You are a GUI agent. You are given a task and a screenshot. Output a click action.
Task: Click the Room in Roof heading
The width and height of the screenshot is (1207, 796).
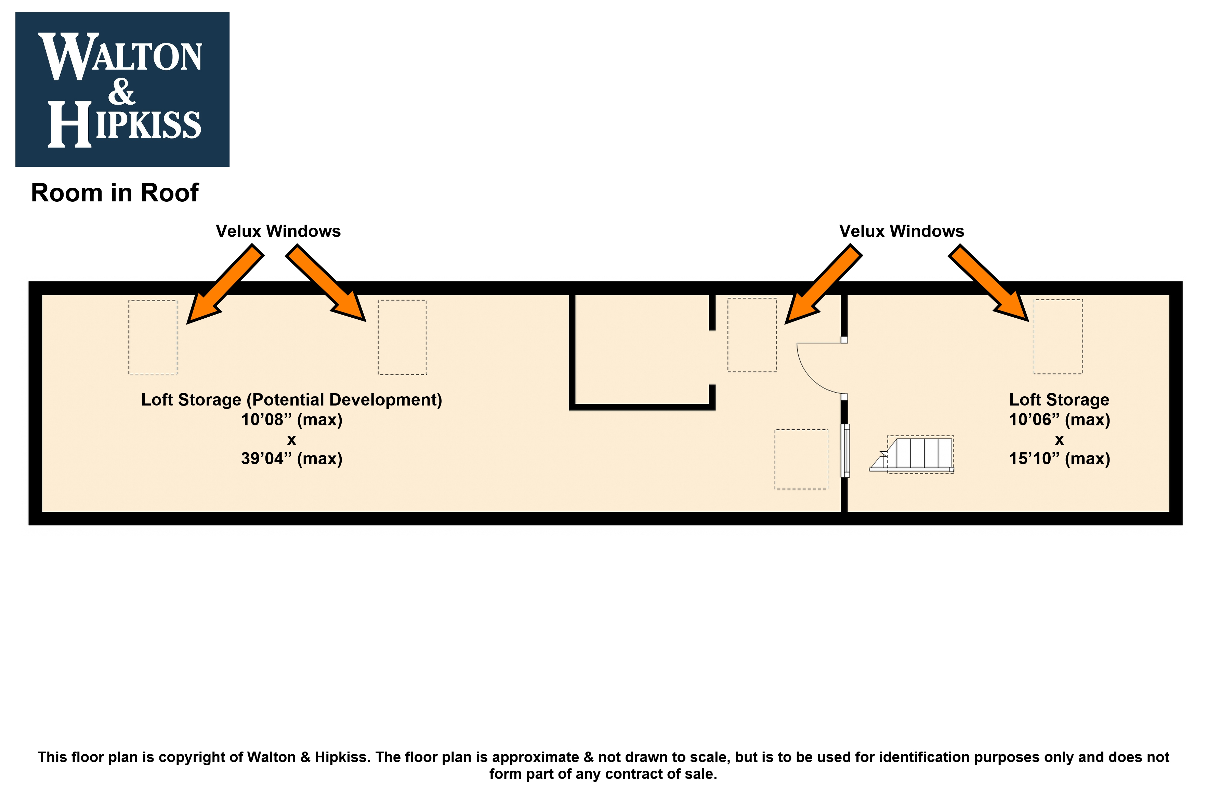click(115, 193)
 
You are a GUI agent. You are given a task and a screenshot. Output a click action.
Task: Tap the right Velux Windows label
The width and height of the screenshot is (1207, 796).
click(901, 231)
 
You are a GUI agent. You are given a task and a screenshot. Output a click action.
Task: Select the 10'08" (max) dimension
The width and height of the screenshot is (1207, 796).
click(291, 420)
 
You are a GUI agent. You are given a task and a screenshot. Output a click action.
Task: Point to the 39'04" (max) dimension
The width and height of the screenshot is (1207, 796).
click(291, 459)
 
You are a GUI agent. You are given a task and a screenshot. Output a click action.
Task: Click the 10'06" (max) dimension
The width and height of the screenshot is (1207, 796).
click(1059, 420)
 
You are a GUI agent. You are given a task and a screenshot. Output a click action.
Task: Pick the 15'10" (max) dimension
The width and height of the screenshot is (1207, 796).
click(1059, 459)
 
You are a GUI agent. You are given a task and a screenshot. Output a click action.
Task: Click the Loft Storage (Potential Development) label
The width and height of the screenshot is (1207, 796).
click(291, 400)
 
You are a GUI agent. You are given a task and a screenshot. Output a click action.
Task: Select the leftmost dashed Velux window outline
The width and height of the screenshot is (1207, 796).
click(153, 337)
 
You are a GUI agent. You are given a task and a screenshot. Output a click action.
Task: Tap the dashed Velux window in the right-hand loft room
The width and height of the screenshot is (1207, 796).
click(1058, 336)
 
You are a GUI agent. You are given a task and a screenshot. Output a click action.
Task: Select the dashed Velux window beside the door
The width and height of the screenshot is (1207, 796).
click(752, 335)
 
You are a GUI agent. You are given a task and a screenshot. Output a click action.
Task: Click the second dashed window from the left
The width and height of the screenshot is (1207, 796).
click(402, 337)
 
